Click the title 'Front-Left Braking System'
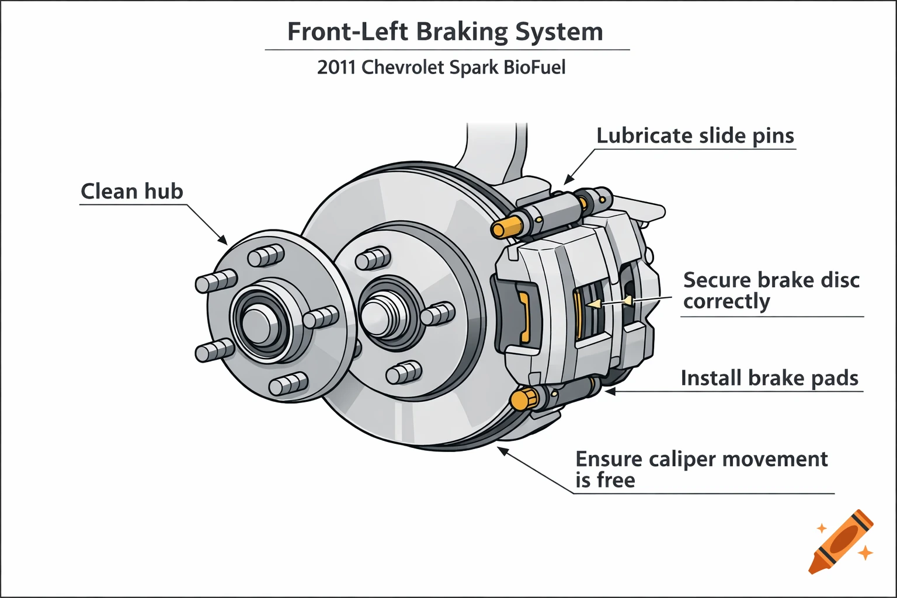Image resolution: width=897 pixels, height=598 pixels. click(x=445, y=32)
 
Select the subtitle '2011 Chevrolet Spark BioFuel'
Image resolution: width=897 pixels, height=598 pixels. click(x=441, y=67)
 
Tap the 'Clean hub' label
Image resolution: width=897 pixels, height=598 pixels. click(x=132, y=192)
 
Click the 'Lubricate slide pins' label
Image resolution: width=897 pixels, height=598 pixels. click(x=695, y=135)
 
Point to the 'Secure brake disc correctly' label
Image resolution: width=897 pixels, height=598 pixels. click(x=771, y=290)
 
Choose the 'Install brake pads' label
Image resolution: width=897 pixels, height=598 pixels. click(x=769, y=378)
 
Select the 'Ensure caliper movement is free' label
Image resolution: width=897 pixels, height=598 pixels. click(x=701, y=469)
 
